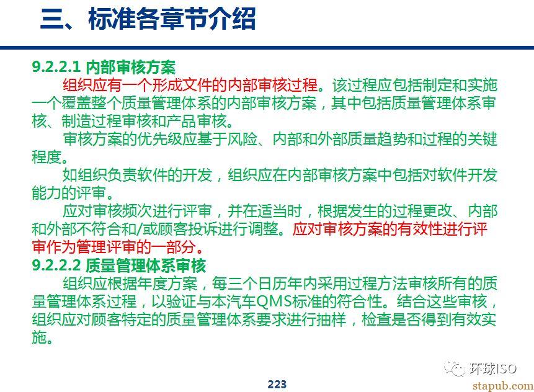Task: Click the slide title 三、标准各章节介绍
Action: tap(148, 19)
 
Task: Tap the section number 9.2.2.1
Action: tap(56, 66)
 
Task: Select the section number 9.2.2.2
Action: tap(56, 265)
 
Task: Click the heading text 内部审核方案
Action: tap(130, 67)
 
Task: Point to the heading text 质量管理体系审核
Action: tap(145, 265)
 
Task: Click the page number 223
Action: tap(277, 384)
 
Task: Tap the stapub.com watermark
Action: tap(502, 386)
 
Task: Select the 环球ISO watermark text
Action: tap(493, 368)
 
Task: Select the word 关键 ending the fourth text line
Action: tap(483, 138)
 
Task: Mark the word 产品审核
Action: tap(197, 121)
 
